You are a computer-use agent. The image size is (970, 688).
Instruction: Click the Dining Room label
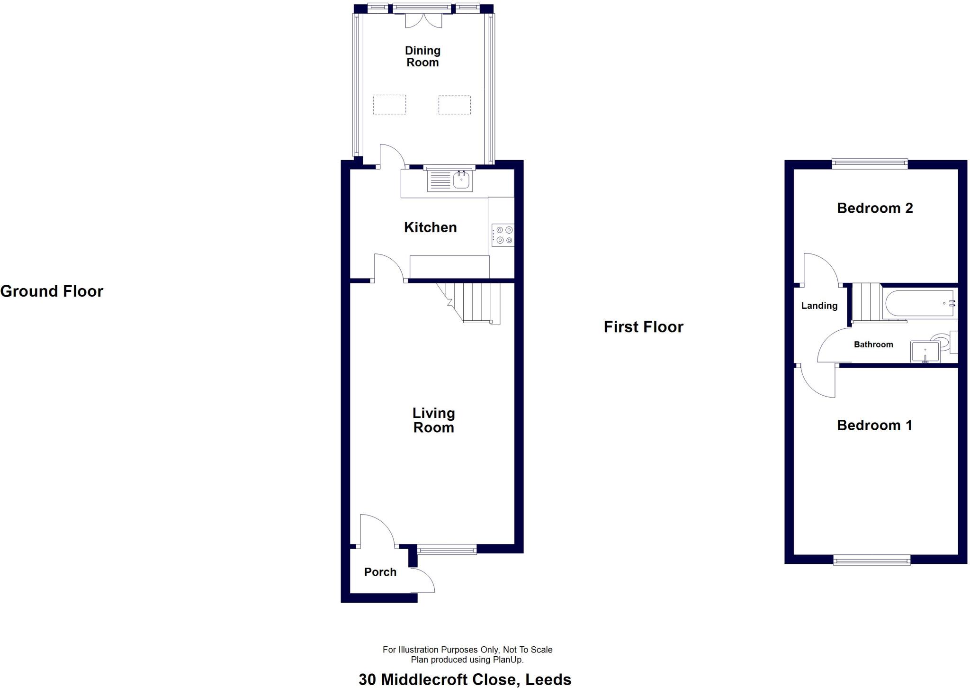pos(422,56)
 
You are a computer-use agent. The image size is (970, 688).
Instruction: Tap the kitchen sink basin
pos(461,180)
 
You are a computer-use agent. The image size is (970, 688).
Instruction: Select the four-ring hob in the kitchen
pos(503,235)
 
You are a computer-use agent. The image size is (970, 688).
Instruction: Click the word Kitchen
pos(430,227)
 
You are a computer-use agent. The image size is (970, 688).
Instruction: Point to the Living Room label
pos(433,420)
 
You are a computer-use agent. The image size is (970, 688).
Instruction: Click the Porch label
pos(380,572)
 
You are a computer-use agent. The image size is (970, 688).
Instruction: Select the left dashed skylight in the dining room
pos(389,105)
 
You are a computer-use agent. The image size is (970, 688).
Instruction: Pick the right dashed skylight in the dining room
pos(454,105)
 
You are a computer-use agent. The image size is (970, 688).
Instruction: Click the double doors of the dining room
pos(423,20)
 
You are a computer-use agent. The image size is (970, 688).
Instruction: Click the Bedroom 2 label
pos(875,208)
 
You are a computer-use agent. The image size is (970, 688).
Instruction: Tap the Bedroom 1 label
pos(874,425)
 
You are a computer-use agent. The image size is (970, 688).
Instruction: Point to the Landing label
pos(819,306)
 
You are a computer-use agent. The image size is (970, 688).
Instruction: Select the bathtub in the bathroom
pos(919,303)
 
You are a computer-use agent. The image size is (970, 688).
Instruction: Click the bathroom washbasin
pos(925,352)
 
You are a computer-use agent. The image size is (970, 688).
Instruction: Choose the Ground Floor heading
pos(52,291)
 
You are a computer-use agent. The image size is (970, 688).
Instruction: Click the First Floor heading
pos(643,327)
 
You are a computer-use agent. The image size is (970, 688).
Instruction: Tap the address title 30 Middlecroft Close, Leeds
pos(465,679)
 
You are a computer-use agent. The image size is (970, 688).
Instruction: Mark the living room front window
pos(447,550)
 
